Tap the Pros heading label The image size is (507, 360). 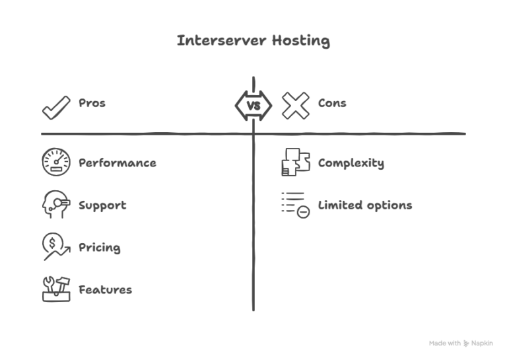[x=92, y=103]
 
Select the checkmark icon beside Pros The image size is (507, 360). [x=56, y=106]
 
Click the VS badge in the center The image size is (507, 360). [x=253, y=106]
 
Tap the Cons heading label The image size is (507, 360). [x=332, y=103]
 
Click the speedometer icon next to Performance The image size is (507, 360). [x=56, y=162]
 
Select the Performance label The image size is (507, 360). [x=118, y=162]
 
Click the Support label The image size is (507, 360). [x=102, y=205]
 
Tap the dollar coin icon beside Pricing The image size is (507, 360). [x=55, y=247]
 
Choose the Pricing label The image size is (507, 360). [x=100, y=248]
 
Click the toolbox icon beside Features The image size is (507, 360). [x=56, y=289]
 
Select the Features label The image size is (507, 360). [x=105, y=289]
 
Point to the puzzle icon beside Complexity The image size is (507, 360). [x=295, y=162]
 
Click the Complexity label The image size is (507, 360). [x=351, y=162]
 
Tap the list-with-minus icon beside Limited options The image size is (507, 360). [x=295, y=205]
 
